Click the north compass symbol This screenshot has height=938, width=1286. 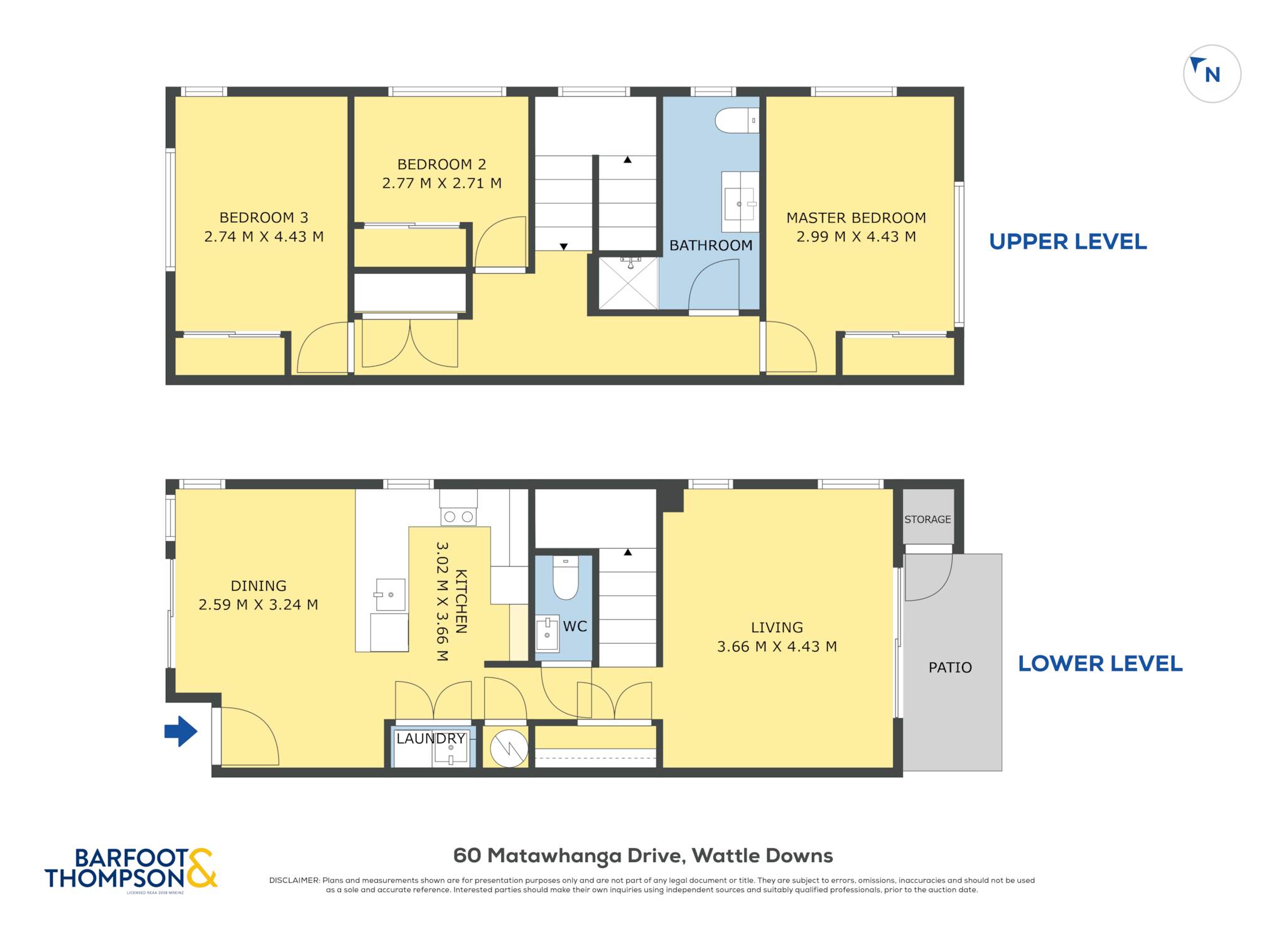tap(1212, 73)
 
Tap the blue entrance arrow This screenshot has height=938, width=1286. tap(181, 731)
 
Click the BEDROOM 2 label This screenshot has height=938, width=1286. tap(441, 164)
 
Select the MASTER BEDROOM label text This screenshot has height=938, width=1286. tap(856, 218)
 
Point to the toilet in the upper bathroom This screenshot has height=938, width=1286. tap(737, 120)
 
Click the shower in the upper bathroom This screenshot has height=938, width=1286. tap(629, 283)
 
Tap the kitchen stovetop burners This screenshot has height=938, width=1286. tap(458, 517)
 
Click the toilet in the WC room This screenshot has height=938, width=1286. tap(565, 578)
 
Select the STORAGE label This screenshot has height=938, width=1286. tap(927, 519)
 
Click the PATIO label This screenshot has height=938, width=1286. tap(950, 667)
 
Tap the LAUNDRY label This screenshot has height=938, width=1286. tap(431, 738)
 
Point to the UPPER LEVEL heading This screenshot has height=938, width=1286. tap(1067, 242)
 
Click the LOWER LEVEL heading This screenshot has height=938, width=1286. tap(1100, 664)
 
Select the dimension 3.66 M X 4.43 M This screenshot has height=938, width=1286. tap(777, 647)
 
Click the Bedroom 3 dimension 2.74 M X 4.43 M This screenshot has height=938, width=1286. tap(264, 237)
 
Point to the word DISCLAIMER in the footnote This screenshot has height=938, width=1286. tap(294, 880)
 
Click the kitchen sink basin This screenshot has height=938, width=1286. tap(391, 595)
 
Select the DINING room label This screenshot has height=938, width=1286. tap(258, 586)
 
